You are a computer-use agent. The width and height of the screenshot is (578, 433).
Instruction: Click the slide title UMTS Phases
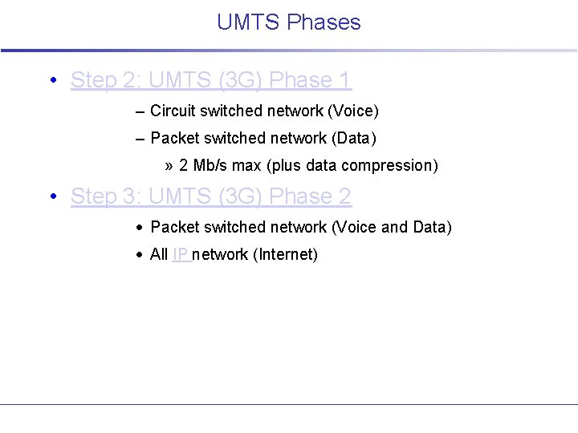(288, 22)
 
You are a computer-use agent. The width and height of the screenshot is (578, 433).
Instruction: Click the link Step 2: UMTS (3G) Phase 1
(211, 80)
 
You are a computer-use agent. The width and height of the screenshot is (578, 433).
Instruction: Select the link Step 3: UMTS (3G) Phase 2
(211, 196)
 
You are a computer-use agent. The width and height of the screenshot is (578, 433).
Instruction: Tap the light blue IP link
(181, 255)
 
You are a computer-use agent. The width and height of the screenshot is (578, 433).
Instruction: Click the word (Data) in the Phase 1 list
(353, 139)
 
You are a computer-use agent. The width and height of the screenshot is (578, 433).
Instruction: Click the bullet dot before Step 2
(52, 80)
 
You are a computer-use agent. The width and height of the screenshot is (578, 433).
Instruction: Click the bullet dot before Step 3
(52, 196)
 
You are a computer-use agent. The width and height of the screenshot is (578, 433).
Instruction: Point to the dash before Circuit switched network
(140, 111)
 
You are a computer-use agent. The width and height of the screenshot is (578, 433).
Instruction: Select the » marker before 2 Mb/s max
(169, 166)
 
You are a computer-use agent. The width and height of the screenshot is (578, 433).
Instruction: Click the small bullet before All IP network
(140, 255)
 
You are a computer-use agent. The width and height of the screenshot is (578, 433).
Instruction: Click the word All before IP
(159, 255)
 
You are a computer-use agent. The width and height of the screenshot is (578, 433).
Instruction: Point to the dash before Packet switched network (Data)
(140, 139)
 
